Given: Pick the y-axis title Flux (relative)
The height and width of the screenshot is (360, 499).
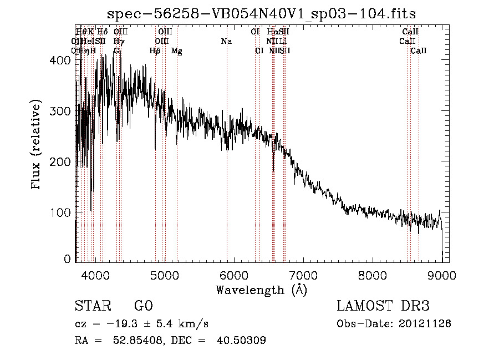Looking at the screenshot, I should pyautogui.click(x=37, y=145).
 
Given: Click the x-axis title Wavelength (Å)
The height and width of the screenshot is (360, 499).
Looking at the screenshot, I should pyautogui.click(x=261, y=290).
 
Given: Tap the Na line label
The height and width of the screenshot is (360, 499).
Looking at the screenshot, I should pyautogui.click(x=226, y=42).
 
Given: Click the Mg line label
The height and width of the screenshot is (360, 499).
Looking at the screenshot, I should pyautogui.click(x=176, y=51).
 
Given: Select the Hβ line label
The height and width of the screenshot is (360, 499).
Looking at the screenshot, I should pyautogui.click(x=155, y=51).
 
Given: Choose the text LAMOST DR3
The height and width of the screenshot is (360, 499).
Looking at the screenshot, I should pyautogui.click(x=383, y=306).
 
